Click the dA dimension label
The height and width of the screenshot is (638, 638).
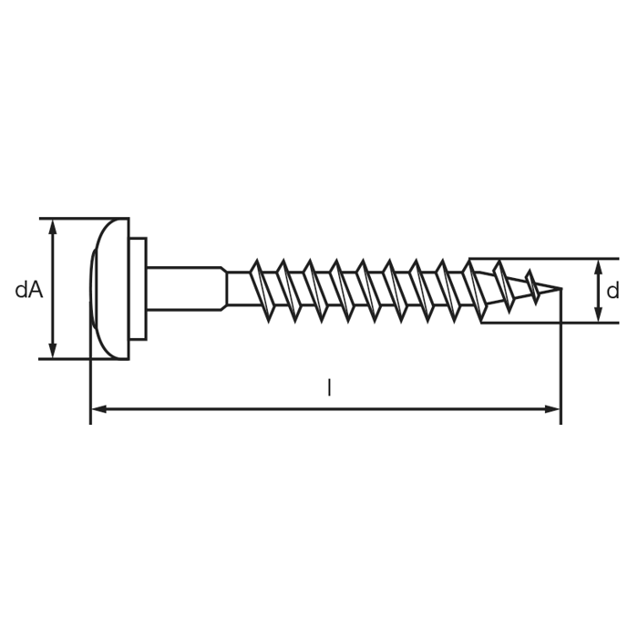(x=29, y=290)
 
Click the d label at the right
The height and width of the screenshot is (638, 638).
(x=612, y=291)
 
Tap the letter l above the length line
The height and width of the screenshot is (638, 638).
(x=329, y=387)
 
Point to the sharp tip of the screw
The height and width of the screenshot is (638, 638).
(x=562, y=289)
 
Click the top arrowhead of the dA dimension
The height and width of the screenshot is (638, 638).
(x=53, y=227)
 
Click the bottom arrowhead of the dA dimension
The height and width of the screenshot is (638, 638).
(x=53, y=351)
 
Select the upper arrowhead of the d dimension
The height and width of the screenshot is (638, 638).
(x=598, y=266)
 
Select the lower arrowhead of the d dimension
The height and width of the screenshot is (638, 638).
(x=598, y=314)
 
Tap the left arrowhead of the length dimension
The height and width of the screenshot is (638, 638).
(x=98, y=409)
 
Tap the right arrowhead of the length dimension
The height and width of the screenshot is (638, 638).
(x=552, y=409)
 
